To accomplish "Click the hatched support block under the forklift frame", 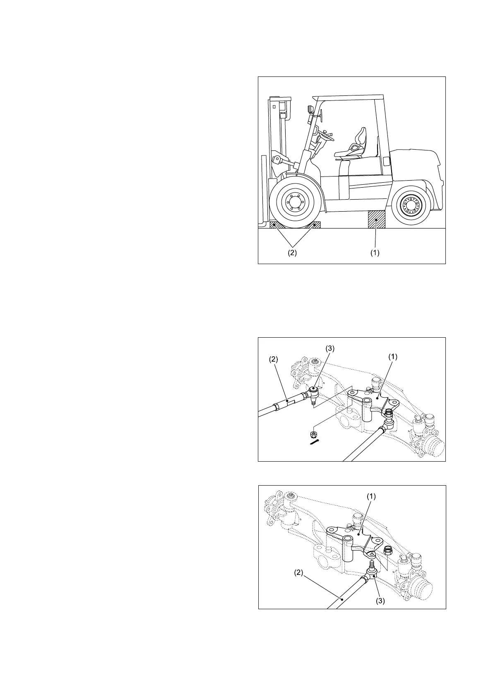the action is click(x=376, y=219).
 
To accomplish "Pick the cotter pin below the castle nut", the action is click(x=315, y=443).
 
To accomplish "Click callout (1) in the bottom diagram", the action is click(x=371, y=497).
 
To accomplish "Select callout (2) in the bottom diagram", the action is click(x=299, y=573).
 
